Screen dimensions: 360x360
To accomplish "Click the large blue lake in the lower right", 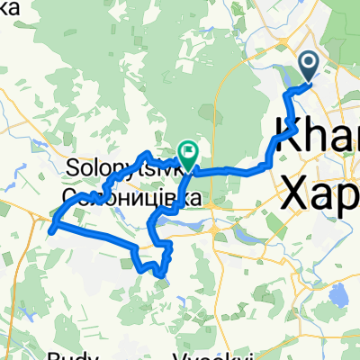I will click(x=339, y=296).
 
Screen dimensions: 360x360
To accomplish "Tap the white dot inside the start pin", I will click(x=308, y=62).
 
